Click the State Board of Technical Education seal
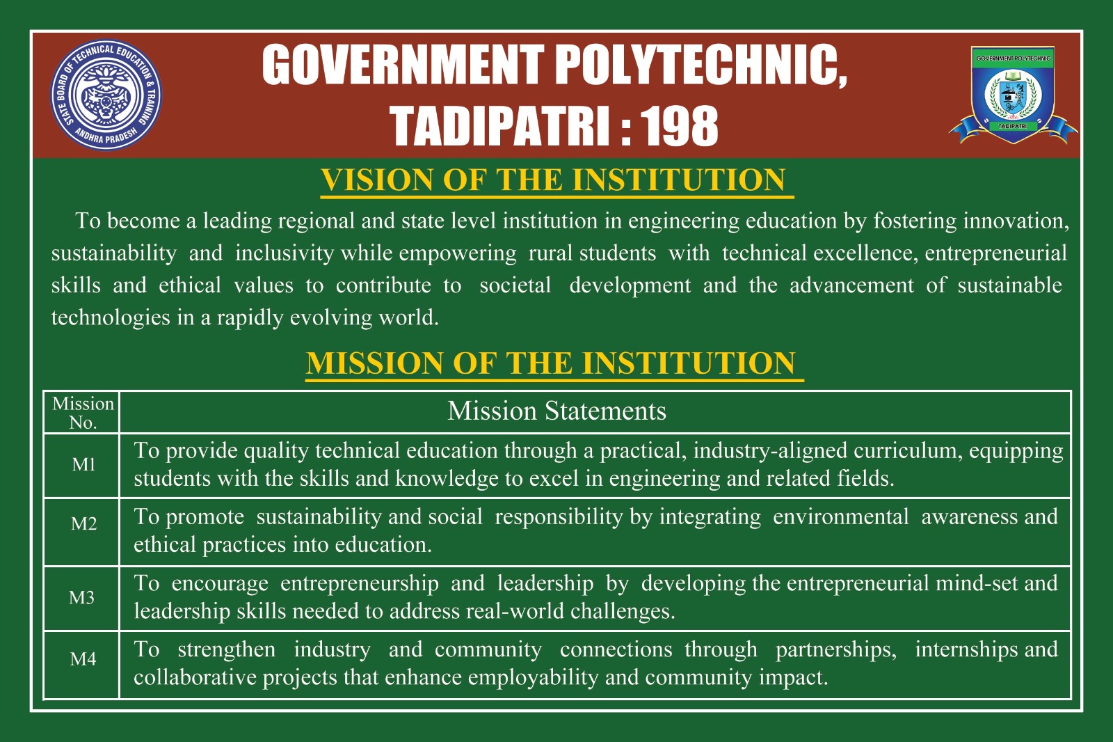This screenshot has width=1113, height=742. pyautogui.click(x=106, y=95)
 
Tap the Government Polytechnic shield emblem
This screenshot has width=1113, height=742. pyautogui.click(x=1013, y=95)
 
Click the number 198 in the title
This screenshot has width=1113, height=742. pyautogui.click(x=679, y=126)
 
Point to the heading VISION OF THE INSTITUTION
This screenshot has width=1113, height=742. pyautogui.click(x=553, y=180)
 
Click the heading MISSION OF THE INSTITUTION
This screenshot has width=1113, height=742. pyautogui.click(x=550, y=363)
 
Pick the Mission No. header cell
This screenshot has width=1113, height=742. pyautogui.click(x=83, y=413)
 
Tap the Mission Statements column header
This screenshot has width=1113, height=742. pyautogui.click(x=556, y=411)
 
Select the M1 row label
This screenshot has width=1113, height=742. pyautogui.click(x=83, y=464)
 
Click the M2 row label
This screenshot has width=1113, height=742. pyautogui.click(x=83, y=523)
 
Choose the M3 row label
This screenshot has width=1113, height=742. pyautogui.click(x=82, y=597)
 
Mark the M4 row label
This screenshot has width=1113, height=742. pyautogui.click(x=83, y=659)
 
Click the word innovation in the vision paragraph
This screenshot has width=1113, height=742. pyautogui.click(x=1016, y=221)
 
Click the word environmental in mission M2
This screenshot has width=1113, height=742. pyautogui.click(x=841, y=516)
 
